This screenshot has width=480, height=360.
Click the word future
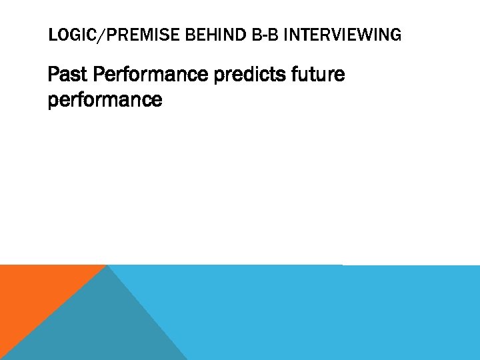coord(318,75)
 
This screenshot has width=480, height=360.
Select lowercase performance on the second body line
coord(105,100)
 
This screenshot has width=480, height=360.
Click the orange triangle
coord(33,293)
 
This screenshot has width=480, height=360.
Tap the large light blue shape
coord(320,313)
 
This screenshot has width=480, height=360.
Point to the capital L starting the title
coord(51,35)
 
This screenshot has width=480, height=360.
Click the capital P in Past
coord(53,75)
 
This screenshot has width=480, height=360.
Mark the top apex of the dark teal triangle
coord(107,266)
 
